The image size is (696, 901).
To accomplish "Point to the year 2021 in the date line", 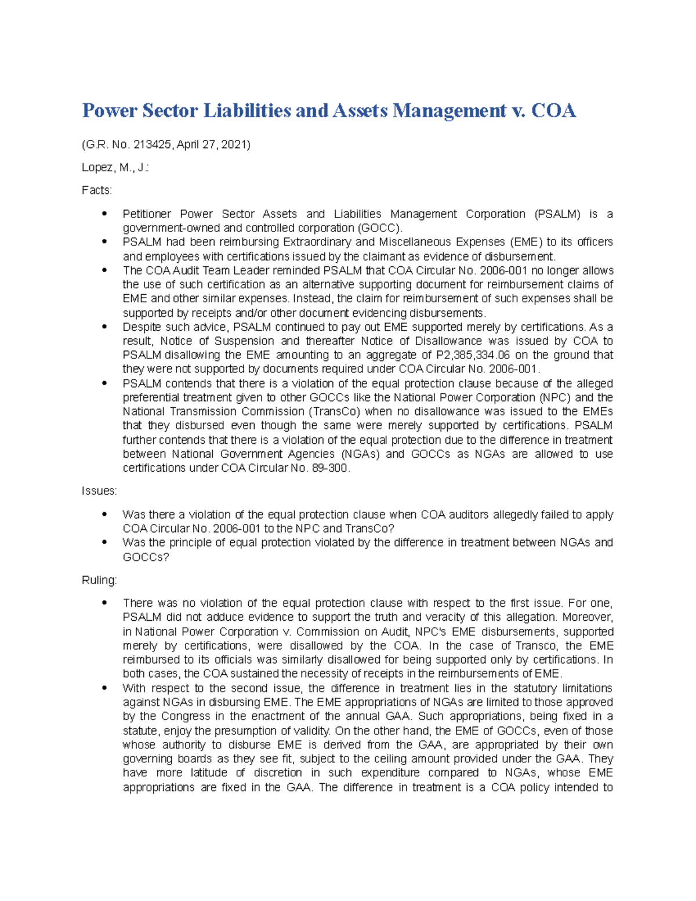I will [x=234, y=144].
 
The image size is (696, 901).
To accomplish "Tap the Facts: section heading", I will [x=97, y=190].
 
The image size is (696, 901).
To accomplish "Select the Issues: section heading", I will [x=99, y=491].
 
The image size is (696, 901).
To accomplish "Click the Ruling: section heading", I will [x=99, y=580].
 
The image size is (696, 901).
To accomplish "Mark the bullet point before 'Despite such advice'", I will [x=104, y=327].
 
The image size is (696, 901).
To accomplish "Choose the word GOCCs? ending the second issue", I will [x=146, y=557].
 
